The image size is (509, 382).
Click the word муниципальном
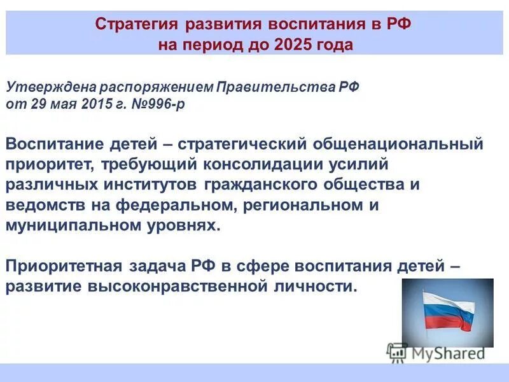[x=76, y=227]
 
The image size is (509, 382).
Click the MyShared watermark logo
[x=436, y=352]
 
